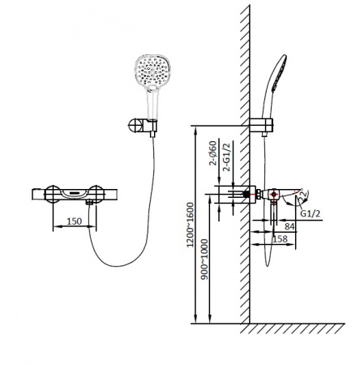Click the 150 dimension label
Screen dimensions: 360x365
pos(74,221)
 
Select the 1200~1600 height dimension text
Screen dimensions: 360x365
pos(191,225)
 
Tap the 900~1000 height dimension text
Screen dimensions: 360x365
pos(205,260)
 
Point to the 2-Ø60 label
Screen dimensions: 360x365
pos(212,153)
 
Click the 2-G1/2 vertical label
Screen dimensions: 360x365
pos(227,157)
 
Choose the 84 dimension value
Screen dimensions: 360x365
pos(289,226)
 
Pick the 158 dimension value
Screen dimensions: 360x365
pos(281,239)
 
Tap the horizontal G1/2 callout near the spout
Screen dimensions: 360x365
pos(311,213)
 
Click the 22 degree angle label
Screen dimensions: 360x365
pos(303,194)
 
